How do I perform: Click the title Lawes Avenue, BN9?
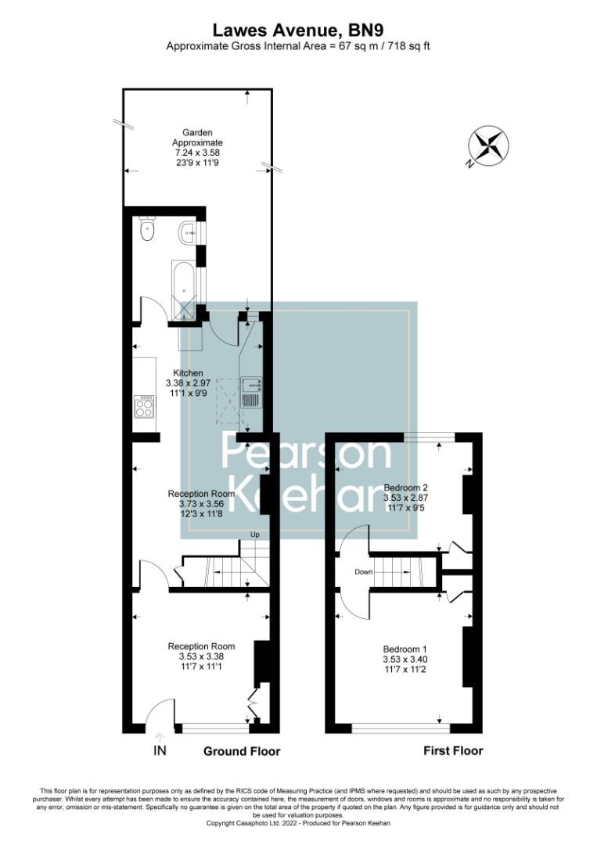[x=298, y=30]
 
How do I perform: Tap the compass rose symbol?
[x=487, y=147]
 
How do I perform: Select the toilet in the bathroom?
[x=146, y=229]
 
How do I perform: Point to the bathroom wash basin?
[x=189, y=232]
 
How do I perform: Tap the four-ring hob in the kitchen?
[x=144, y=406]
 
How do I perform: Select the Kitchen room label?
[x=185, y=372]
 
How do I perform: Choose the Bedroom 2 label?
[x=405, y=486]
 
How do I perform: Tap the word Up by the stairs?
[x=254, y=534]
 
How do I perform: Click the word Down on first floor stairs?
[x=363, y=572]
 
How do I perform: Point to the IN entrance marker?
[x=160, y=751]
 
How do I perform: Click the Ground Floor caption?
[x=242, y=751]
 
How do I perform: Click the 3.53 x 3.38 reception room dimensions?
[x=201, y=656]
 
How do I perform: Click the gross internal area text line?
[x=298, y=46]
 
